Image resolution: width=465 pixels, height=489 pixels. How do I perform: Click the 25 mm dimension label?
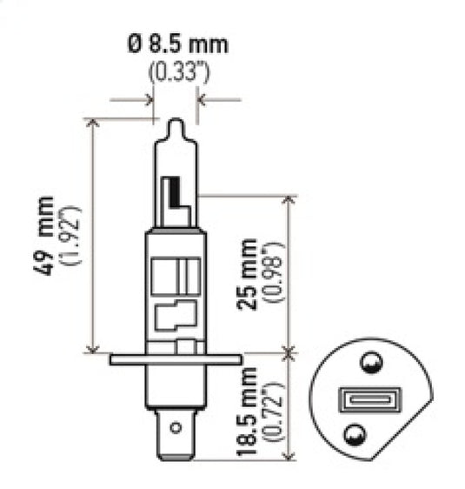tap(250, 274)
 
